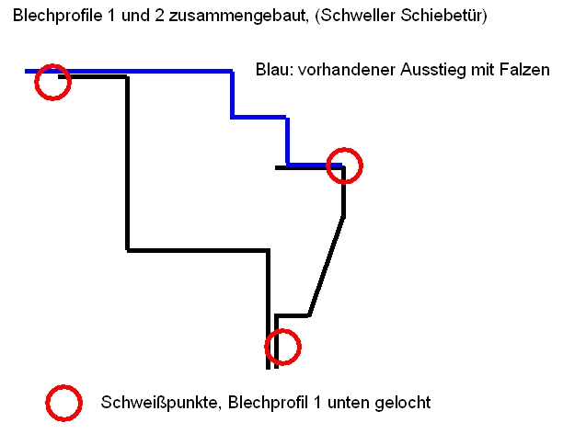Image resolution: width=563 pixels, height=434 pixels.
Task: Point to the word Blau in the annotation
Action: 272,71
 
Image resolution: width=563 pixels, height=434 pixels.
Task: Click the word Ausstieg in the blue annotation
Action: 435,71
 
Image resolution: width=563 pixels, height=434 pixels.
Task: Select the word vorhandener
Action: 345,71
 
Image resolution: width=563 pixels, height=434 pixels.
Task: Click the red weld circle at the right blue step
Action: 345,166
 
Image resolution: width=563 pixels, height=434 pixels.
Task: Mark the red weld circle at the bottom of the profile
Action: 282,347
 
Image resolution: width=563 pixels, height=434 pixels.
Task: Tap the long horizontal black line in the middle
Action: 197,249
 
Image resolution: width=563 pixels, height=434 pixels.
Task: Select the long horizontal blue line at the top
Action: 138,70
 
